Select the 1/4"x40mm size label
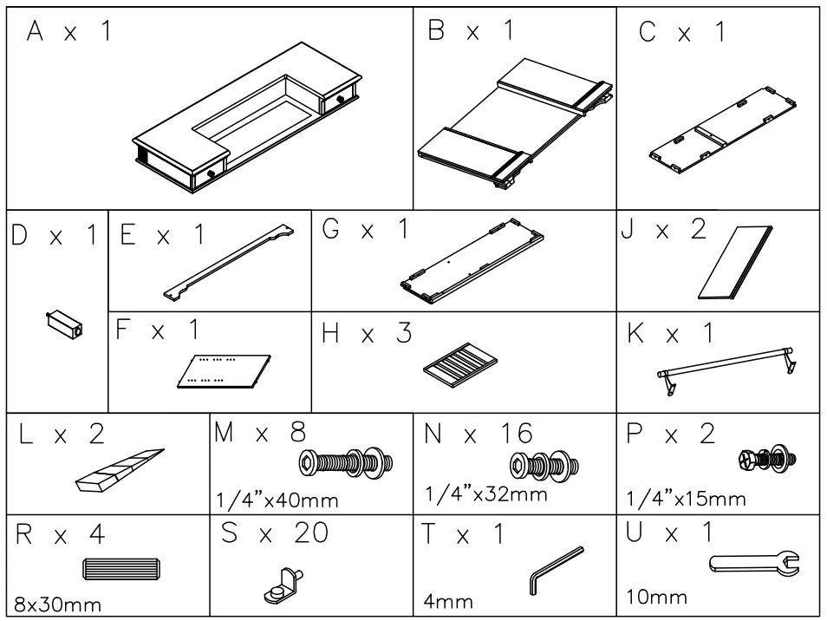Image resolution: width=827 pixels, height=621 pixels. pos(276,500)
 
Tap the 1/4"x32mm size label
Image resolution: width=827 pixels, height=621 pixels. pos(487,494)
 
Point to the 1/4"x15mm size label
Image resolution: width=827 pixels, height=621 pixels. pos(684,500)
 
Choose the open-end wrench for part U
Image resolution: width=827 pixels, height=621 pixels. pos(754,565)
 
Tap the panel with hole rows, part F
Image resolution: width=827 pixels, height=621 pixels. pos(224,369)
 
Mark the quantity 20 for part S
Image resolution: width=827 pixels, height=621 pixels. pos(309,534)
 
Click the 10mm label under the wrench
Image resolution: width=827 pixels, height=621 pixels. pos(655,597)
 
